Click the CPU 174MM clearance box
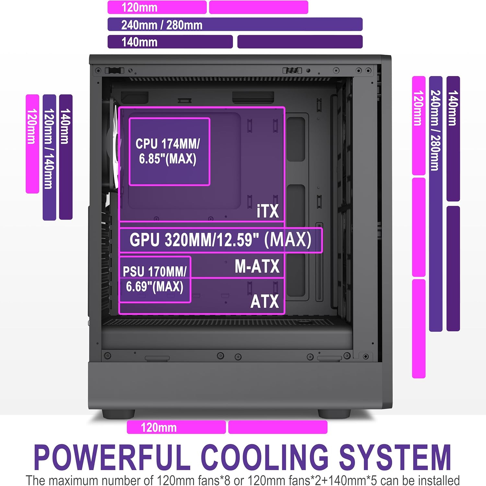coord(169,152)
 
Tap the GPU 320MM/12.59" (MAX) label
coord(220,240)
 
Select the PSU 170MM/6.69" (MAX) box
coord(155,279)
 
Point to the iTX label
coord(268,211)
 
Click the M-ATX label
coord(257,266)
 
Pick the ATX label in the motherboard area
coord(264,301)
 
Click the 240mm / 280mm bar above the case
coord(235,24)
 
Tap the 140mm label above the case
coord(139,42)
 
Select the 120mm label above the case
coord(139,7)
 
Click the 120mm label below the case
coord(159,427)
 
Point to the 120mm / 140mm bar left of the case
coord(49,157)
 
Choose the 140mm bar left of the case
coord(66,157)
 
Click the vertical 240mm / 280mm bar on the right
coord(436,204)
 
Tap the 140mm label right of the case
coord(453,108)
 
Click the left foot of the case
coord(118,414)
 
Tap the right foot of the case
coord(334,414)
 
